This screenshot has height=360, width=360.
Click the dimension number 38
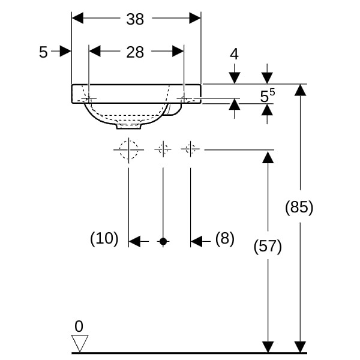(x=135, y=19)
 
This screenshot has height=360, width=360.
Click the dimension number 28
(x=135, y=52)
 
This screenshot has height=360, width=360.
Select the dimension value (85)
(x=299, y=208)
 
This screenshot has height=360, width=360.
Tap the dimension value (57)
(x=268, y=246)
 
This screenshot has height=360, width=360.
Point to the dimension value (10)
(x=104, y=239)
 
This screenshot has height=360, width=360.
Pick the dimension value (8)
(x=224, y=239)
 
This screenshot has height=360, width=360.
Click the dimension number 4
(x=234, y=54)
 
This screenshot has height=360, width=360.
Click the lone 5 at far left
(x=43, y=52)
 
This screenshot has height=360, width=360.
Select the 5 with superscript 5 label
(x=267, y=95)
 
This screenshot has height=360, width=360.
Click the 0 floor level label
(x=78, y=326)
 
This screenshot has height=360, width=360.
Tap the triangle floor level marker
(x=80, y=343)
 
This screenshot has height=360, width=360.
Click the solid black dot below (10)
(x=163, y=241)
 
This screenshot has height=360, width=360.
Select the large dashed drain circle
(x=129, y=149)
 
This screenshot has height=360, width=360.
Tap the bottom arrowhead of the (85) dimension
(x=300, y=347)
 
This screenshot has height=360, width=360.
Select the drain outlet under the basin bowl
(x=129, y=126)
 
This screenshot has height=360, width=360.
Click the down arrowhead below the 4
(x=234, y=78)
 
